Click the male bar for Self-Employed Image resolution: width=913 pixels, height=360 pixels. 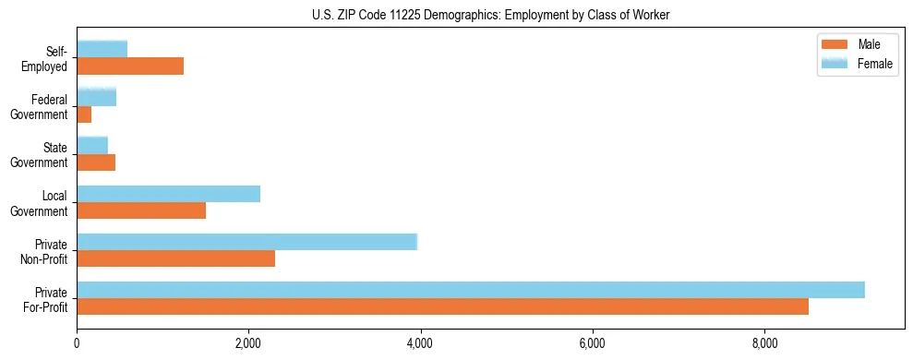tap(130, 66)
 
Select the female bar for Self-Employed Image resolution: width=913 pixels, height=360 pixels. tap(102, 49)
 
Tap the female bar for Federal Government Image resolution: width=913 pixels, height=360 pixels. tap(96, 97)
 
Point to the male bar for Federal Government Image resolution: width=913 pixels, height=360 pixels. tap(84, 114)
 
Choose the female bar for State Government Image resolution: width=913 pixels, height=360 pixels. tap(92, 145)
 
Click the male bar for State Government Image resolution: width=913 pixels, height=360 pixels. tap(96, 162)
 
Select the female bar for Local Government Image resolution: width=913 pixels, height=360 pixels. tap(168, 193)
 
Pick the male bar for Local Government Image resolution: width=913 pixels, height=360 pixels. tap(141, 210)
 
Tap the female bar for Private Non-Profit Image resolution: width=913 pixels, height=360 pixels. tap(246, 242)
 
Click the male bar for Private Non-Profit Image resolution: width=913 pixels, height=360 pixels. tap(175, 259)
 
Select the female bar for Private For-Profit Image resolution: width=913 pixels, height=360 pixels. tap(471, 290)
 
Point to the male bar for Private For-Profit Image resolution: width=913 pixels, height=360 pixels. tap(442, 306)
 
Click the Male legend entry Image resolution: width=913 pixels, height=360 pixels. tap(858, 44)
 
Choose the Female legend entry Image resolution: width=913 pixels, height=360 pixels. tap(858, 63)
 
